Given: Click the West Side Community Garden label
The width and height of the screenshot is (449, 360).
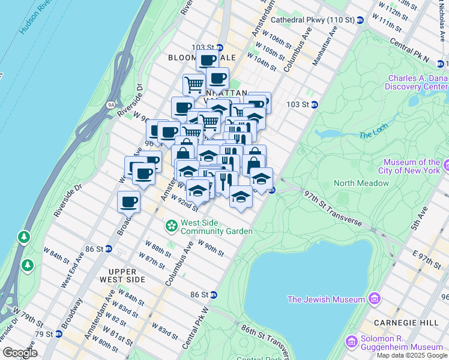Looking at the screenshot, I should tap(216, 226).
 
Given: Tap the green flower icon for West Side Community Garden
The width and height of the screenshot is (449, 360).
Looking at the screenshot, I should tap(172, 226).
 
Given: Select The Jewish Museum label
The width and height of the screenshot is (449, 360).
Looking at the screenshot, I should tap(326, 299).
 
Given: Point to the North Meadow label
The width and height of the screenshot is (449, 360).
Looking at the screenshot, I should tap(361, 183).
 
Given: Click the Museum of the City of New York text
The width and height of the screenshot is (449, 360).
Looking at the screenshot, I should tap(411, 166).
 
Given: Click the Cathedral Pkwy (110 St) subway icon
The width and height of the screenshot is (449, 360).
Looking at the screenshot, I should tap(360, 20).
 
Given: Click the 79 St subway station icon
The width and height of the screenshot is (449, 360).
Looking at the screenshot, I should tap(58, 334).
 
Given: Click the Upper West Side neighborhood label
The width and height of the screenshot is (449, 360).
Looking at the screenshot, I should tap(122, 275).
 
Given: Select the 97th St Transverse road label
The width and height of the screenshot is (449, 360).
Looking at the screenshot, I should tap(333, 208).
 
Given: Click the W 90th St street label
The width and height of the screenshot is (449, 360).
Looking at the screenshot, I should tap(211, 248).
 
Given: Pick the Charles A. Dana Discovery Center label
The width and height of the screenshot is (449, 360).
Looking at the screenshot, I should tap(417, 82).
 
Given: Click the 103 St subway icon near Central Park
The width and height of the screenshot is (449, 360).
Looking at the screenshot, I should tap(314, 104).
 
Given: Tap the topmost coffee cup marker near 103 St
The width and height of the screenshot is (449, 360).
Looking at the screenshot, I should tap(207, 60).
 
